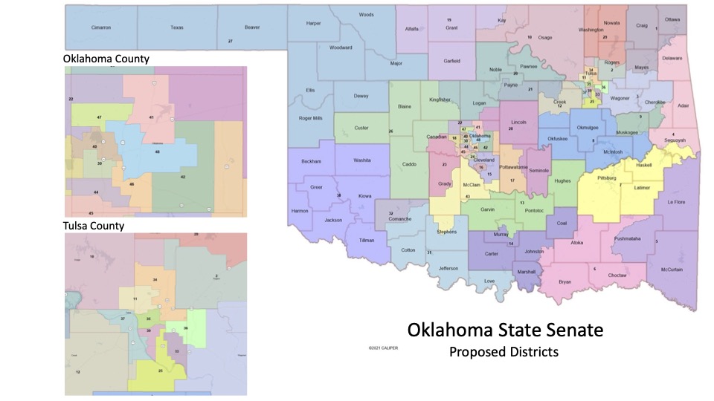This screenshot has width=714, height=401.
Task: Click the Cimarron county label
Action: pyautogui.click(x=100, y=27)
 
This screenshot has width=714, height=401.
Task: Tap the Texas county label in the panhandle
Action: pyautogui.click(x=176, y=27)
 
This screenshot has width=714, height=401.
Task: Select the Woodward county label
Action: pyautogui.click(x=341, y=48)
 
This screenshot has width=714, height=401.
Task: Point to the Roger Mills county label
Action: pyautogui.click(x=310, y=118)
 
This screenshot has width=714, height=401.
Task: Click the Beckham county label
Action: pyautogui.click(x=311, y=161)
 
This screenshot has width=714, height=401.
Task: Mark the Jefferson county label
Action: pyautogui.click(x=448, y=267)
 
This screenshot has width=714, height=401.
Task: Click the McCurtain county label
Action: pyautogui.click(x=672, y=270)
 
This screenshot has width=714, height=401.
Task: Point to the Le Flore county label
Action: pyautogui.click(x=674, y=202)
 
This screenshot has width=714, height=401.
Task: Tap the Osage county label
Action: pyautogui.click(x=545, y=36)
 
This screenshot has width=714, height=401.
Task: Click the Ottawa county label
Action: pyautogui.click(x=672, y=19)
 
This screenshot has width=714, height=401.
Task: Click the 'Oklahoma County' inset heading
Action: pyautogui.click(x=106, y=58)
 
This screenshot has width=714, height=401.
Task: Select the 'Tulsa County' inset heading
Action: pyautogui.click(x=94, y=226)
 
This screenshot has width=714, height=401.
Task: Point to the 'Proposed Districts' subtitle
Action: pyautogui.click(x=504, y=351)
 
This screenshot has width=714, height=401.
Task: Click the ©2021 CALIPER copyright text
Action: pyautogui.click(x=382, y=348)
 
